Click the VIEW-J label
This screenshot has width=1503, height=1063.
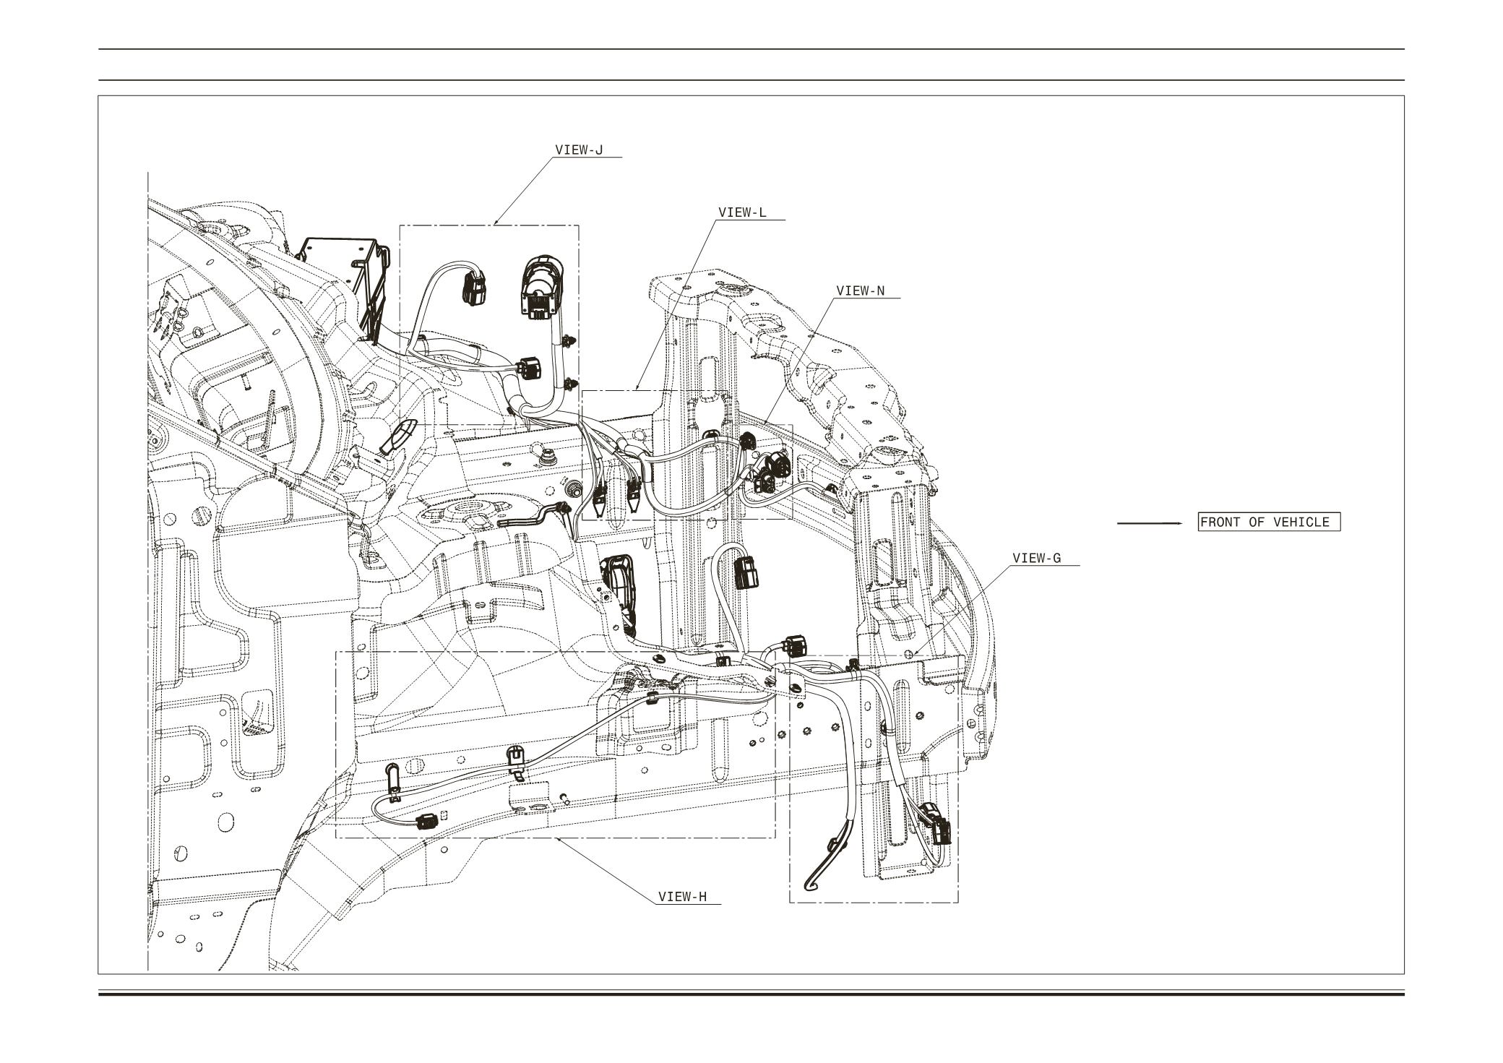point(578,150)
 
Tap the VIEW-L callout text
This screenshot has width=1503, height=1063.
point(742,212)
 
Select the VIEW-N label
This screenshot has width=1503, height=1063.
point(860,291)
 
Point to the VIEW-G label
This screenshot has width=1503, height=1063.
point(1036,558)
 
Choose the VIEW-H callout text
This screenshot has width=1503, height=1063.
point(682,897)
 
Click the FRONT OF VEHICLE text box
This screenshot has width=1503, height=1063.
point(1268,522)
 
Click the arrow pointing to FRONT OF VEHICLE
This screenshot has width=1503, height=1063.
point(1149,522)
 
